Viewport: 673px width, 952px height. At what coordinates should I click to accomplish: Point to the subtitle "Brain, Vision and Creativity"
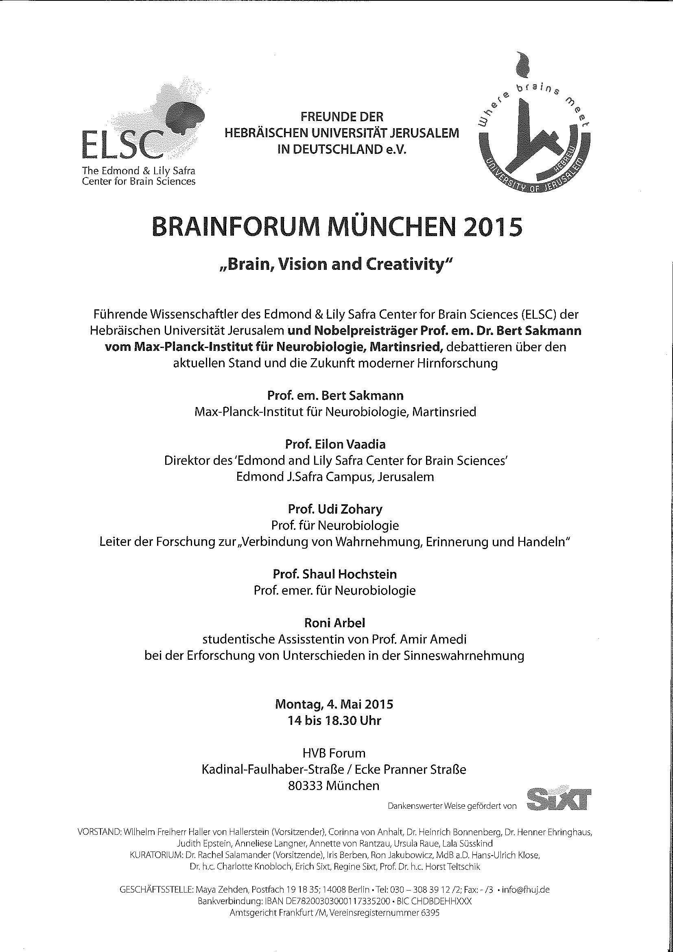pyautogui.click(x=336, y=265)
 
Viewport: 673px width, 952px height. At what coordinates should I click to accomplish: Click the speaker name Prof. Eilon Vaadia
pyautogui.click(x=335, y=444)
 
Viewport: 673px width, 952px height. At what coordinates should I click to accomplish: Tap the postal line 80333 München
pyautogui.click(x=334, y=785)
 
